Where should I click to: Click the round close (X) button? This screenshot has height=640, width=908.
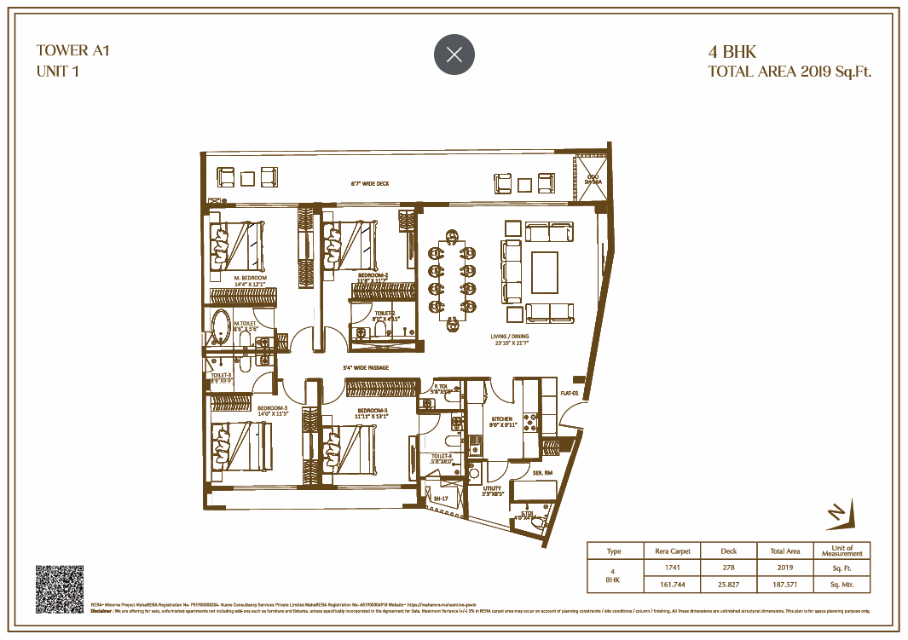pyautogui.click(x=454, y=55)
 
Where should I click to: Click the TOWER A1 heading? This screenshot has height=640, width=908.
pyautogui.click(x=73, y=50)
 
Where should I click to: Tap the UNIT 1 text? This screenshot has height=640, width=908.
pyautogui.click(x=58, y=72)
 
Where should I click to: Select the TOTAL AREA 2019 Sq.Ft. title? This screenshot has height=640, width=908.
pyautogui.click(x=789, y=72)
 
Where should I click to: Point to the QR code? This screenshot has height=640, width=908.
pyautogui.click(x=59, y=589)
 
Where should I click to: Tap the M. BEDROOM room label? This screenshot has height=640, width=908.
pyautogui.click(x=251, y=279)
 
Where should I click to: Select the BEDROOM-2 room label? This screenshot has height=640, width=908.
pyautogui.click(x=373, y=275)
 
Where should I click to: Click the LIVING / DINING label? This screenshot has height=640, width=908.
pyautogui.click(x=509, y=337)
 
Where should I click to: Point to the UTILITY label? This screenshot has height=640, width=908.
pyautogui.click(x=493, y=488)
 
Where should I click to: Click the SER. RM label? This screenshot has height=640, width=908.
pyautogui.click(x=542, y=471)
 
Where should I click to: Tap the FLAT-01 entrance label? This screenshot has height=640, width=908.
pyautogui.click(x=570, y=393)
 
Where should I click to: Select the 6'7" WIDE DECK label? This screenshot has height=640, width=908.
pyautogui.click(x=369, y=183)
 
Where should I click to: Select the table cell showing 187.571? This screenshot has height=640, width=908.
pyautogui.click(x=784, y=584)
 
